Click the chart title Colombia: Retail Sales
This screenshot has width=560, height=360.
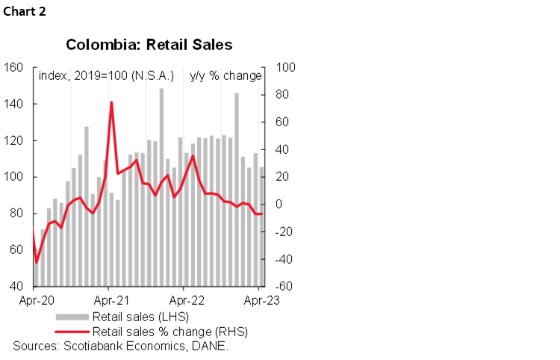pos(149,45)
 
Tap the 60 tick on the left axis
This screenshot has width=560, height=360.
pos(14,250)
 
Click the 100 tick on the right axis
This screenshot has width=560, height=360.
pos(287,67)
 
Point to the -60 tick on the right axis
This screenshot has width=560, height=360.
pos(286,286)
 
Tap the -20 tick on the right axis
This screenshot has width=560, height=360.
pos(286,232)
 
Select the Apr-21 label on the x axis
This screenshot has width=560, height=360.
pos(109,302)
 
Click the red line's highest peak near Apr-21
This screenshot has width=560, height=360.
pos(111,102)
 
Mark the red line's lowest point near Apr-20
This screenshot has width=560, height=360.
pos(37,263)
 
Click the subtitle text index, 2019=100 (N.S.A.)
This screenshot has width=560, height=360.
pos(106,76)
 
